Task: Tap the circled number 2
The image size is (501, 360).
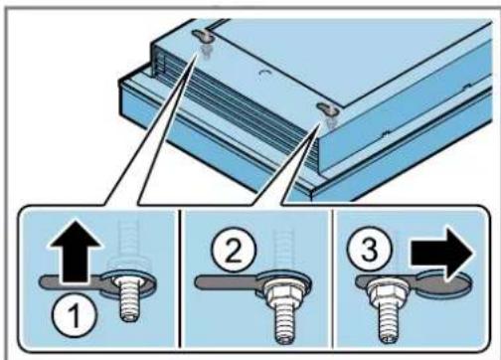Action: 235,251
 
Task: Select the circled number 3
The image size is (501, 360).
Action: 370,249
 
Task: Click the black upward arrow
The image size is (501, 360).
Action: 75,252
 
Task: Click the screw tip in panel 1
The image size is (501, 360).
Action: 129,315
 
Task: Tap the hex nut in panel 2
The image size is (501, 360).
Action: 284,290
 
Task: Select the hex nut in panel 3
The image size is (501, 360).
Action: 387,291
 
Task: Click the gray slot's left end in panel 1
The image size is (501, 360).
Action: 43,282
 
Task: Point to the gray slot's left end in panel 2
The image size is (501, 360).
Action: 199,282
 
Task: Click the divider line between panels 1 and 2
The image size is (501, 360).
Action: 179,278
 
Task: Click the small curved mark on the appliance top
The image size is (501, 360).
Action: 264,72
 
